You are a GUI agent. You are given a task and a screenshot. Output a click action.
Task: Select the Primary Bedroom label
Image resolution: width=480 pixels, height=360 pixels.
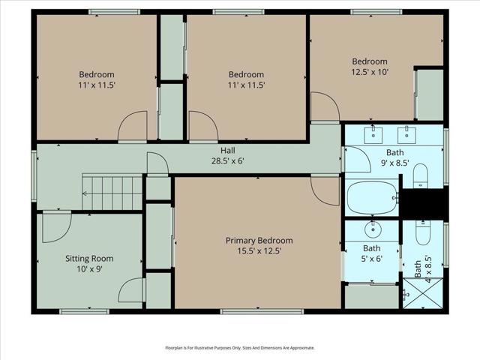[259, 241]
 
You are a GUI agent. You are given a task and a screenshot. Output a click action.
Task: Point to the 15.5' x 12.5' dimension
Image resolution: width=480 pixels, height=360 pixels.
[259, 251]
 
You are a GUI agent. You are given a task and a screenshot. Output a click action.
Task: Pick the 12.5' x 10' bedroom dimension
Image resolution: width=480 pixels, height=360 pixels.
[370, 72]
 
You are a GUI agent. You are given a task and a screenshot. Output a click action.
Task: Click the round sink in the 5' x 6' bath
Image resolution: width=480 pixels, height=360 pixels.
[372, 229]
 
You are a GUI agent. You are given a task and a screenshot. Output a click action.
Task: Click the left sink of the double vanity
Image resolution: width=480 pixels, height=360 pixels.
[373, 136]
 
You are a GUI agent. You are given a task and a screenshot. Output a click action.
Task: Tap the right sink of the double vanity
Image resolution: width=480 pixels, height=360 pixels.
[407, 136]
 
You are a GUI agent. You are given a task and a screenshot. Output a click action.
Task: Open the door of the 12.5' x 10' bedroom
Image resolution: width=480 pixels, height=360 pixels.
[320, 106]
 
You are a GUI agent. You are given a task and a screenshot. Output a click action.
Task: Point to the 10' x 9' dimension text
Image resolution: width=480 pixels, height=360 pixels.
[88, 269]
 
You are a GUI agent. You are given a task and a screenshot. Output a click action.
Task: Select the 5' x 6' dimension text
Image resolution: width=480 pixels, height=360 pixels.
[372, 259]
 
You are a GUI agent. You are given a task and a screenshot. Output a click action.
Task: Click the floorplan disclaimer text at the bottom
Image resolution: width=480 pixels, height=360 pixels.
[240, 348]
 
